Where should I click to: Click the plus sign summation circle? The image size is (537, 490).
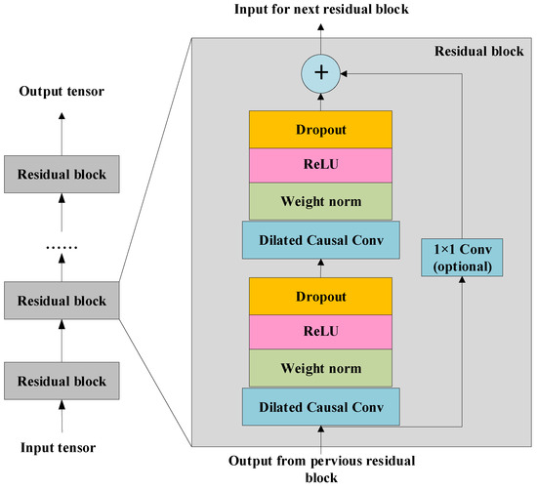point(322,71)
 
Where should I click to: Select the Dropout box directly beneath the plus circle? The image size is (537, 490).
point(322,127)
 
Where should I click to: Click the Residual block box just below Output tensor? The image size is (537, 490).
point(61,174)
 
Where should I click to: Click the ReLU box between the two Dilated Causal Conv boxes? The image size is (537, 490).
point(322,331)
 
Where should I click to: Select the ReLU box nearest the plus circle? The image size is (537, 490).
point(322,164)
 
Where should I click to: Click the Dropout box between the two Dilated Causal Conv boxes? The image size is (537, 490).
point(322,294)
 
